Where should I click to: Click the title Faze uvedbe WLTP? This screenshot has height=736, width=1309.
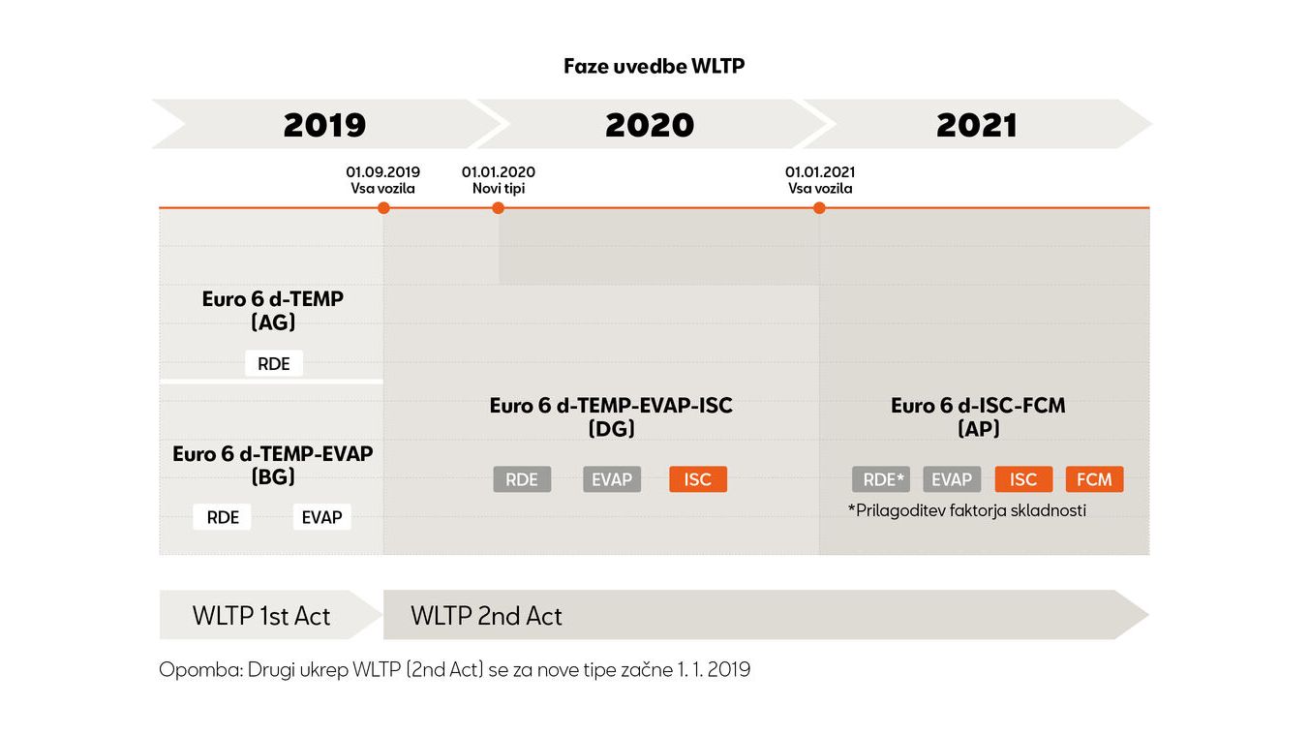tap(654, 66)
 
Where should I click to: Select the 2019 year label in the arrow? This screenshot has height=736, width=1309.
tap(325, 125)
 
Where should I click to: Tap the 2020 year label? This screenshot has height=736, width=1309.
tap(650, 125)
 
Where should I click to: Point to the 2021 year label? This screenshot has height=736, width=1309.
tap(977, 125)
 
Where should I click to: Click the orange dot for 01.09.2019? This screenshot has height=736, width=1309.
tap(383, 207)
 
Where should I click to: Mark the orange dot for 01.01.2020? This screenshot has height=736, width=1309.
tap(498, 207)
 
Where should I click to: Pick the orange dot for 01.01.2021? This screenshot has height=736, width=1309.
tap(819, 207)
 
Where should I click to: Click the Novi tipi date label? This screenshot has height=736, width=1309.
tap(499, 188)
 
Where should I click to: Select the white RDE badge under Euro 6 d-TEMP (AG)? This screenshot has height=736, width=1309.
tap(273, 363)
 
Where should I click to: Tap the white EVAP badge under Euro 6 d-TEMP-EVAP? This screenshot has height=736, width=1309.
tap(322, 517)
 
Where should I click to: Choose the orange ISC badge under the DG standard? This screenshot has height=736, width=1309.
tap(698, 479)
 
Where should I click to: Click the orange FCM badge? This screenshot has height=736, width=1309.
tap(1094, 479)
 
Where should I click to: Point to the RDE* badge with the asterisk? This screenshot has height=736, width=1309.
tap(881, 479)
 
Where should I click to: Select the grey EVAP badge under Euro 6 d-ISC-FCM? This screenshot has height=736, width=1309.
tap(952, 479)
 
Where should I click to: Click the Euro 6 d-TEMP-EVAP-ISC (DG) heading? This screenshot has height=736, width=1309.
tap(611, 416)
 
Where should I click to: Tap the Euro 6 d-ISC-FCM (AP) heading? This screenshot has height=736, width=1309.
tap(978, 416)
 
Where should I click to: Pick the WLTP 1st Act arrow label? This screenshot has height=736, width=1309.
tap(261, 616)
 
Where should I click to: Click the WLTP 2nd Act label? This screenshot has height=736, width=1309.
tap(486, 616)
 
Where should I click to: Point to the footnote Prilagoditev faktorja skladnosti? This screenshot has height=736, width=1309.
tap(967, 510)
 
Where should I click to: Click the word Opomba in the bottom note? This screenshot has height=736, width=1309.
tap(201, 670)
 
